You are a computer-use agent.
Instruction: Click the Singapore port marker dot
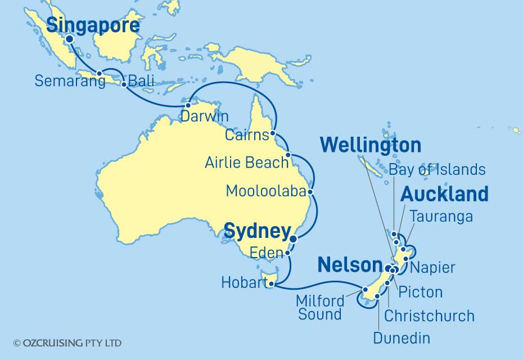point(69,39)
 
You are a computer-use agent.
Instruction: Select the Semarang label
point(70,81)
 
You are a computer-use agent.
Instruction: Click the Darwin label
point(205,116)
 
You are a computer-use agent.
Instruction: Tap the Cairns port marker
point(273,134)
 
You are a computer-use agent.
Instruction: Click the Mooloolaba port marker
point(310,191)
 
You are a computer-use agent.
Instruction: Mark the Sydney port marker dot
point(294,239)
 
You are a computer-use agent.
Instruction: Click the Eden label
point(268,254)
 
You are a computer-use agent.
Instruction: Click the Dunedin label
point(401,337)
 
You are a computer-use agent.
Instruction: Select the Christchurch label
point(429,316)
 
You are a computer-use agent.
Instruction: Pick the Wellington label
point(370,146)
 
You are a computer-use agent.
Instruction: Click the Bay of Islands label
point(436,170)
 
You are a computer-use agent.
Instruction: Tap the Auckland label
point(444,195)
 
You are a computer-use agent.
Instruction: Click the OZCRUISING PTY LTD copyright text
point(67,343)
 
